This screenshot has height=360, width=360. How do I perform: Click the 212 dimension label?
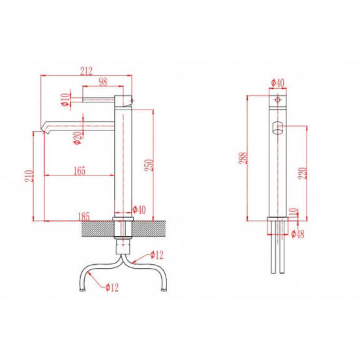click(86, 70)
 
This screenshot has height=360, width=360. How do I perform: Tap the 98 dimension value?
click(103, 82)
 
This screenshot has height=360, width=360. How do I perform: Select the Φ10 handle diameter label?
click(65, 99)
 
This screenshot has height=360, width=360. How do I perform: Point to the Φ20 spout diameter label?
click(78, 138)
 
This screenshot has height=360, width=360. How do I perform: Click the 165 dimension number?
click(80, 171)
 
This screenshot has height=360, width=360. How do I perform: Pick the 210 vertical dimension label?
click(29, 176)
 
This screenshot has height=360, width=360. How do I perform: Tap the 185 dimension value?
click(84, 217)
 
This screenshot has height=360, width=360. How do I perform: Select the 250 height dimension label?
click(149, 165)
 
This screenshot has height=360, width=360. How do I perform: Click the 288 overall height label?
click(243, 158)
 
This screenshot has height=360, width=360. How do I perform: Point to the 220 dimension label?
click(303, 173)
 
